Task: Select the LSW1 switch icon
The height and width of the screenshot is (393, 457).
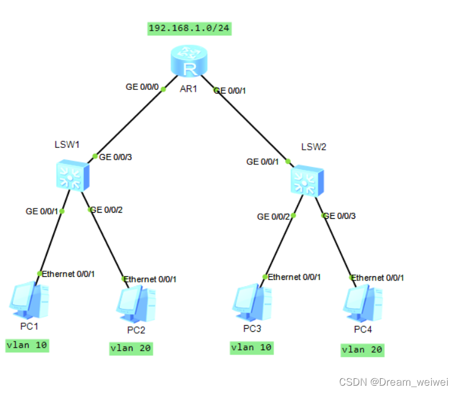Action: [x=72, y=176]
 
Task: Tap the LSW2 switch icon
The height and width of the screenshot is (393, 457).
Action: [x=307, y=180]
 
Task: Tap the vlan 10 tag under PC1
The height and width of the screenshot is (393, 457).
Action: [x=27, y=345]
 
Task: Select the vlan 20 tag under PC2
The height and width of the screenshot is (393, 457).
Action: [x=131, y=348]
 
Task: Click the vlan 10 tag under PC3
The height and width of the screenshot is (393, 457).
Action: [x=252, y=348]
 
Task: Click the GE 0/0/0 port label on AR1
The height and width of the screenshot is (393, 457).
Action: [x=143, y=87]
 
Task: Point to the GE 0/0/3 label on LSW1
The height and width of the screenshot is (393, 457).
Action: [x=115, y=157]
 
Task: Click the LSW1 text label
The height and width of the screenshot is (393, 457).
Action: [x=67, y=145]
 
